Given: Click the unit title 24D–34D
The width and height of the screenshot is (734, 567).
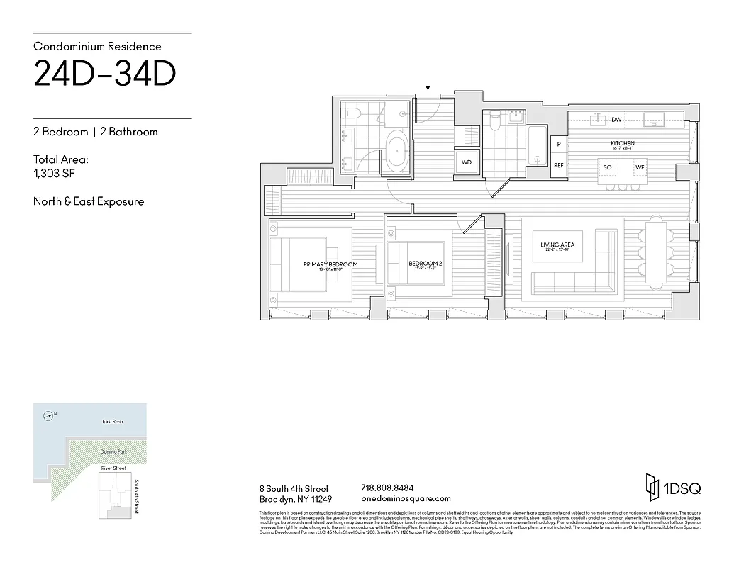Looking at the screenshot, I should [x=105, y=75].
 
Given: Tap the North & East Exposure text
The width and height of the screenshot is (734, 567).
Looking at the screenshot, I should [x=89, y=201].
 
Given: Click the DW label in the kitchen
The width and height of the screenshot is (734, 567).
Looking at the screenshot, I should [x=616, y=120].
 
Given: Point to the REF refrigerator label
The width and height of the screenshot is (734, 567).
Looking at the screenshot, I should [x=558, y=165].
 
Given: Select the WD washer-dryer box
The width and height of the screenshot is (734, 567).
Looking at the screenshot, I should [x=466, y=162].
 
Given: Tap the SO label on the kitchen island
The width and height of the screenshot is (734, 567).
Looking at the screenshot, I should [x=607, y=167].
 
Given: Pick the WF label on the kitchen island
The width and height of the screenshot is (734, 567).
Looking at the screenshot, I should [x=640, y=167].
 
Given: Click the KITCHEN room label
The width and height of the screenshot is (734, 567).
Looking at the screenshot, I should [x=623, y=144].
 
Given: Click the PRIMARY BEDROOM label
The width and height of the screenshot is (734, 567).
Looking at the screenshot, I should [x=330, y=264].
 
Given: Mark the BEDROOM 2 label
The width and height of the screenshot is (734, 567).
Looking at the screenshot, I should [x=426, y=264].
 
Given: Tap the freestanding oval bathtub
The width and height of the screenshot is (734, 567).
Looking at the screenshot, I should [x=396, y=153].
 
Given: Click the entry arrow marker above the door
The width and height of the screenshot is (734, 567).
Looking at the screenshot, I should [x=427, y=89].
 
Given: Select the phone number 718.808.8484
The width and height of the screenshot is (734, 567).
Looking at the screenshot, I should [x=387, y=488].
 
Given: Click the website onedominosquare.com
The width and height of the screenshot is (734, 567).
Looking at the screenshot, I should [x=406, y=499].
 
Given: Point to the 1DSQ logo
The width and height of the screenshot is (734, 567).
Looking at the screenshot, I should [x=672, y=488].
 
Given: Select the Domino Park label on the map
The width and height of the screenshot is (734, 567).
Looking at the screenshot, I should [x=112, y=451].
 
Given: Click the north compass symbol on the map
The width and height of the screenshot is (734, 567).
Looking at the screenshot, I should [x=48, y=415].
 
